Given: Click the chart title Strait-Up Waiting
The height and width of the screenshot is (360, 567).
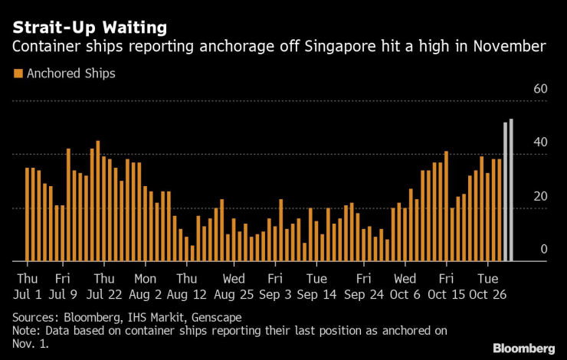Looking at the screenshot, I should point(89,28).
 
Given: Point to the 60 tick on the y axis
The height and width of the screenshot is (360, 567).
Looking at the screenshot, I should point(539,89).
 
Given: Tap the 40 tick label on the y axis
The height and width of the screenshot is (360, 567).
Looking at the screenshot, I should point(539,142).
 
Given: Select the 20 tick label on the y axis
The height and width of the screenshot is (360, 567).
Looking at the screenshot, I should point(539,196).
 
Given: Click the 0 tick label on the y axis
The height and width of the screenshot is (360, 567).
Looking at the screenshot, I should point(543,249).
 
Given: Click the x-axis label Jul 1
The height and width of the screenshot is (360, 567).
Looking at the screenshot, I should point(27,293).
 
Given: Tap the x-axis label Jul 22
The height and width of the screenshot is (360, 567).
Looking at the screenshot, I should point(103,293).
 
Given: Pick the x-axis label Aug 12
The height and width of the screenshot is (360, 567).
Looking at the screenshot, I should point(187,293).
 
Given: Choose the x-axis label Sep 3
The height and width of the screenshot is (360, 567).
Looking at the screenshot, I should point(274,293).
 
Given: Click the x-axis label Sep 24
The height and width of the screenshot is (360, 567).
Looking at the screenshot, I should point(364,293).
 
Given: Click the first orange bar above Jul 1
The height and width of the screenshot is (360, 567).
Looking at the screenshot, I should point(27,214).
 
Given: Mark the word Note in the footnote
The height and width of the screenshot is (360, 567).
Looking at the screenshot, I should point(25,330).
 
